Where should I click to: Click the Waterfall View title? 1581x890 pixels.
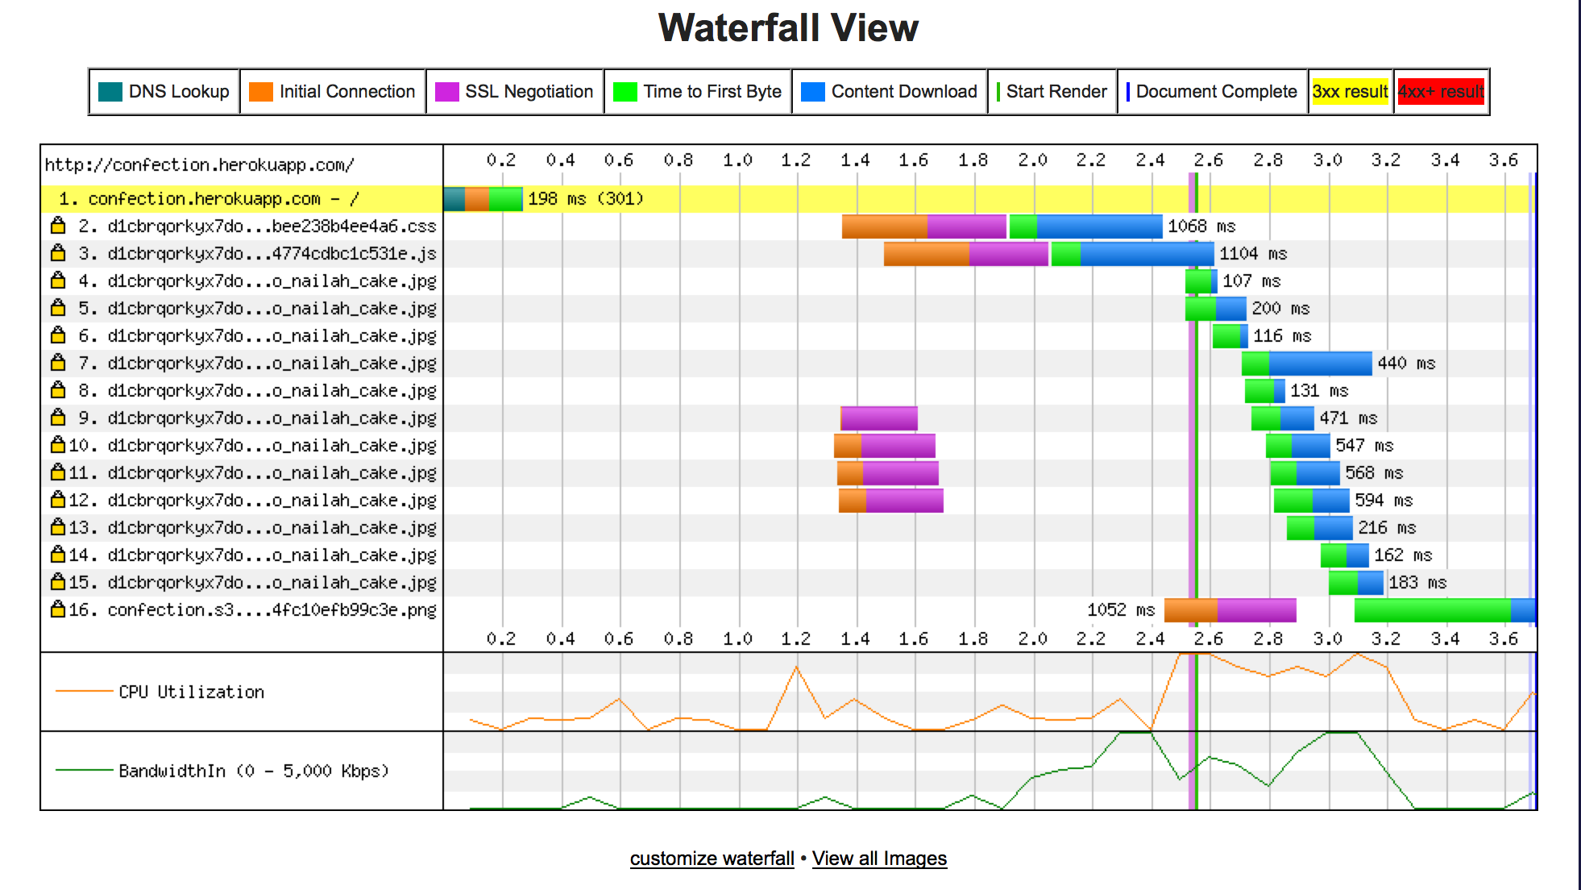(x=788, y=28)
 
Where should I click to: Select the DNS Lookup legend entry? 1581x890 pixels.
(x=164, y=92)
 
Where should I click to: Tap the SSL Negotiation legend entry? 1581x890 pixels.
(x=515, y=92)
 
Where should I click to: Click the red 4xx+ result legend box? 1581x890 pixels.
(x=1441, y=92)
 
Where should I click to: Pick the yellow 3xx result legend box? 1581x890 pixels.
(x=1350, y=92)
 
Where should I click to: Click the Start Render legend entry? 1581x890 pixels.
(x=1052, y=92)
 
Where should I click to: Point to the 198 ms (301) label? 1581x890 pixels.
(x=585, y=198)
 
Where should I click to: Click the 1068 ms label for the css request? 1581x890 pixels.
(x=1201, y=227)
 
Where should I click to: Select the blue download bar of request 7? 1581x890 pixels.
(x=1320, y=364)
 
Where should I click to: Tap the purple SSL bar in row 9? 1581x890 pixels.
(x=879, y=418)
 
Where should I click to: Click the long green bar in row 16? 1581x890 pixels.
(x=1432, y=610)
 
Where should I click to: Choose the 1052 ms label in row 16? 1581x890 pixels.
(x=1121, y=610)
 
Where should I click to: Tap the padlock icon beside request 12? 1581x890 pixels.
(x=58, y=501)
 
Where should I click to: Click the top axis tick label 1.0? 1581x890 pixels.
(x=737, y=160)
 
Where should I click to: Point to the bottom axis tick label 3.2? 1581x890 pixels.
(x=1386, y=639)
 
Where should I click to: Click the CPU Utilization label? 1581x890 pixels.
(x=191, y=692)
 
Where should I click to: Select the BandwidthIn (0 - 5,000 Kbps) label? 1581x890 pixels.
(x=254, y=771)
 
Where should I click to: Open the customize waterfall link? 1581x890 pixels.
(x=712, y=859)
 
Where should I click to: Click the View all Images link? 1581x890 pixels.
(x=879, y=859)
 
